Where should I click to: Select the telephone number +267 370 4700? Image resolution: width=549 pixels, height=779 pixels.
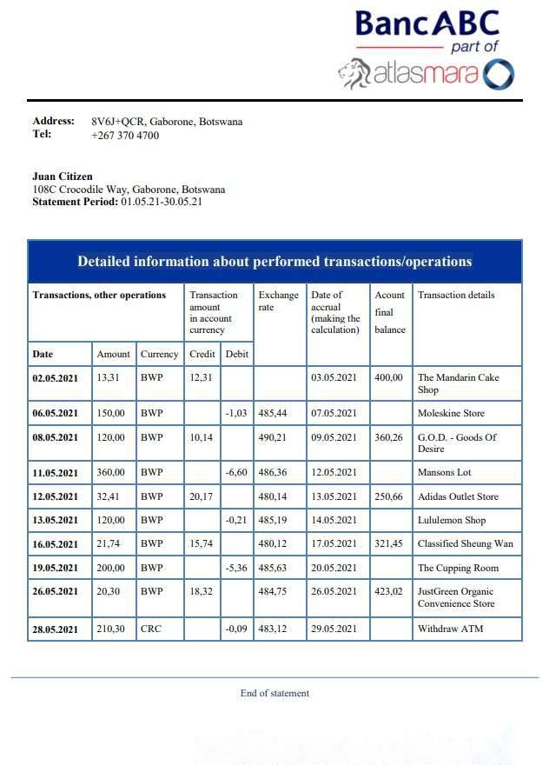point(125,136)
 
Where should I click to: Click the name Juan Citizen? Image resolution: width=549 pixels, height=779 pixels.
point(63,176)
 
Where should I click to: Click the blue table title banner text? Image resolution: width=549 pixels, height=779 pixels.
point(274,262)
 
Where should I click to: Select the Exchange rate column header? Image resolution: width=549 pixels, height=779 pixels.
point(278,301)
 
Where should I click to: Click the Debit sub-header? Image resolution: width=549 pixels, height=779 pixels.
point(236,354)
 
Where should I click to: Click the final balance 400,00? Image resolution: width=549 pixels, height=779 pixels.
point(388,377)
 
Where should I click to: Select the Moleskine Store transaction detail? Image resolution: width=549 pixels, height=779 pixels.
point(452,413)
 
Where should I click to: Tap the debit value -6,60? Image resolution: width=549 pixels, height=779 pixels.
point(237,473)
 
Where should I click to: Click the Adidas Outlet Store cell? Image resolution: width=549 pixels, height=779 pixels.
point(459,496)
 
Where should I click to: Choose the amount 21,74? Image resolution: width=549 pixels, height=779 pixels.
point(109,543)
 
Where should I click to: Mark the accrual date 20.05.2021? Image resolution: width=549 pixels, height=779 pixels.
point(334,568)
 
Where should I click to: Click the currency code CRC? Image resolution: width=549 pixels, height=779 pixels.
point(151,629)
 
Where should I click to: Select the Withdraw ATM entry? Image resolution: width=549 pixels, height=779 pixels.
point(451,629)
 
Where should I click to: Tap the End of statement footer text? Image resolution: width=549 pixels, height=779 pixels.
point(274,693)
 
